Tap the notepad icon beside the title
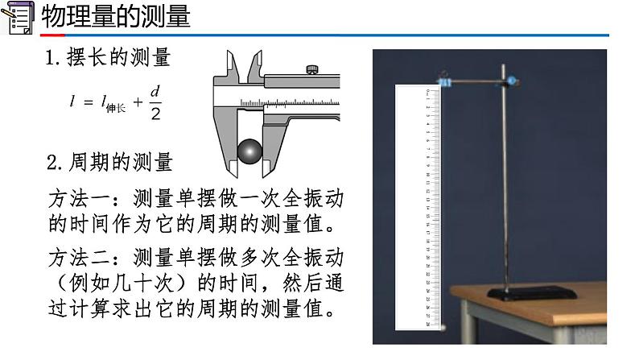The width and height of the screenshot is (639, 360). coord(18,18)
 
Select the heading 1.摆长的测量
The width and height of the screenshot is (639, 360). coord(108,59)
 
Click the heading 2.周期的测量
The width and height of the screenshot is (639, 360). coord(109,162)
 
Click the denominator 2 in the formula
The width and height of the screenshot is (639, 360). coord(155,114)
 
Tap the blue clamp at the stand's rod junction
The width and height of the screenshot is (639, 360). coord(511,81)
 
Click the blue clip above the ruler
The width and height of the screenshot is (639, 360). coord(444,81)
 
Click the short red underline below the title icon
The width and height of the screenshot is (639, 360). coord(52,35)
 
